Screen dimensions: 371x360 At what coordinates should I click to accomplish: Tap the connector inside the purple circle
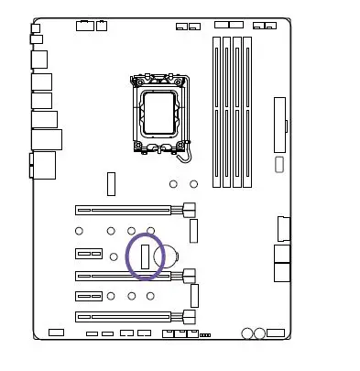(x=145, y=255)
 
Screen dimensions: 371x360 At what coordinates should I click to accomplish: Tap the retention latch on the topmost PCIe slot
(x=190, y=210)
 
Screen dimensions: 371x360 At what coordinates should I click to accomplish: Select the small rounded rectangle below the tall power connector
(x=280, y=165)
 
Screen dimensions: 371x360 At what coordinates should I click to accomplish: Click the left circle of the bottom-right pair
(x=247, y=333)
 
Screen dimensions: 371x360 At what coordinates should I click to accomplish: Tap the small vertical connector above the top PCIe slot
(x=110, y=182)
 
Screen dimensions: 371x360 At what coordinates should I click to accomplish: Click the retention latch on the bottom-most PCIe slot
(x=190, y=316)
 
